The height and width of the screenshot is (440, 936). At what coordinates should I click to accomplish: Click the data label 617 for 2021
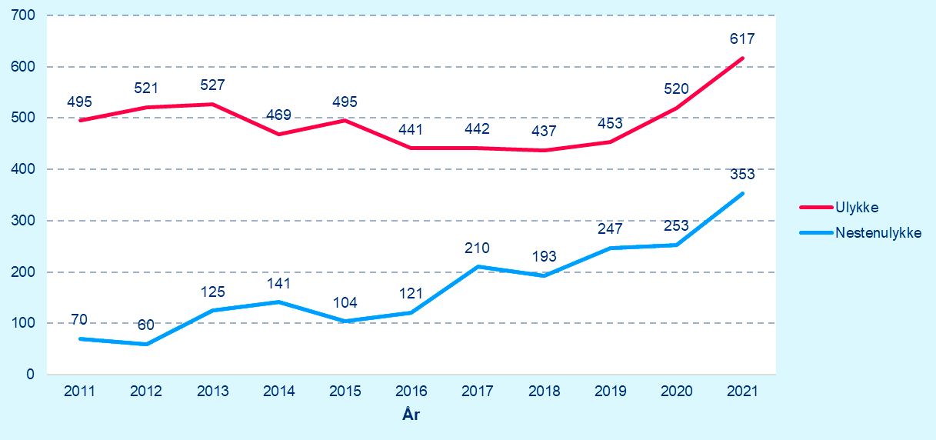pyautogui.click(x=742, y=38)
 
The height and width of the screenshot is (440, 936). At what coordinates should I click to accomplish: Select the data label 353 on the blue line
pyautogui.click(x=742, y=175)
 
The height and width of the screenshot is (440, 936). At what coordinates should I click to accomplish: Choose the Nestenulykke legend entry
pyautogui.click(x=877, y=232)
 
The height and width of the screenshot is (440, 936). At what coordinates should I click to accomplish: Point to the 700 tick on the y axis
pyautogui.click(x=25, y=15)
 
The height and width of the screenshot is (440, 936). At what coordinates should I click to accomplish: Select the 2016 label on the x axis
pyautogui.click(x=411, y=391)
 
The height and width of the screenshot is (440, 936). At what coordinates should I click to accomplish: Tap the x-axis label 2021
pyautogui.click(x=742, y=391)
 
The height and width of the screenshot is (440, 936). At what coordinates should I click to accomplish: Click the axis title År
pyautogui.click(x=411, y=415)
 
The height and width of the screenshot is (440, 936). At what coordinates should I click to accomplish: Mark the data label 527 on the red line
pyautogui.click(x=212, y=85)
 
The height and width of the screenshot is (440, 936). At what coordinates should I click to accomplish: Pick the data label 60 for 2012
pyautogui.click(x=146, y=325)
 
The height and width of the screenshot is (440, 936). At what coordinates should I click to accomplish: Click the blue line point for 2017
pyautogui.click(x=478, y=267)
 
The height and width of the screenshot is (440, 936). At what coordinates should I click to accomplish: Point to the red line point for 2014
pyautogui.click(x=278, y=134)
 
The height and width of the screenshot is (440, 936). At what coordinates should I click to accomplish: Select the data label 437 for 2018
pyautogui.click(x=544, y=131)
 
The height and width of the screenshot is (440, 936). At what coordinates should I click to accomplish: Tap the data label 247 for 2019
pyautogui.click(x=610, y=228)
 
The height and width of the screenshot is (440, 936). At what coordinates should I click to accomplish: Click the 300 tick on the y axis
pyautogui.click(x=25, y=221)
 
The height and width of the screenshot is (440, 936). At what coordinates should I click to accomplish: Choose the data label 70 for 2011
pyautogui.click(x=80, y=319)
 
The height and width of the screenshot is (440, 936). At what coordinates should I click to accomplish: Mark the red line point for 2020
pyautogui.click(x=676, y=108)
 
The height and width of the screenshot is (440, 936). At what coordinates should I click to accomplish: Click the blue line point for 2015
pyautogui.click(x=345, y=321)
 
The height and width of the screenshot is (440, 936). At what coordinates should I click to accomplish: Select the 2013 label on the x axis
pyautogui.click(x=212, y=391)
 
